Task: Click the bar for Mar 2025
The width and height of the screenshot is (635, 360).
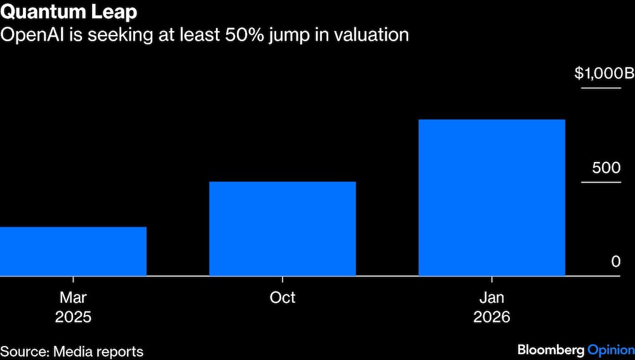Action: pos(73,251)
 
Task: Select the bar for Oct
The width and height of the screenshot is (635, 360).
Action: pos(283,229)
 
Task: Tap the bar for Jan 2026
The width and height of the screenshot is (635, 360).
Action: pos(491,197)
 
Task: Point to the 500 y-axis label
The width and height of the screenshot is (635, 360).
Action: pos(606,168)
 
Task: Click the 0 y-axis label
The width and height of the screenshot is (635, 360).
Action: pos(615,262)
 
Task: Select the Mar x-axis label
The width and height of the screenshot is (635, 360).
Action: pos(73,297)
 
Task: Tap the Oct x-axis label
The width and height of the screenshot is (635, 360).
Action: pos(283,297)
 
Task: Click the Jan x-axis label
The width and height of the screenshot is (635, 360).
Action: pos(491,297)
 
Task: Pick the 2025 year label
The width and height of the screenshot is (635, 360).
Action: pos(73,317)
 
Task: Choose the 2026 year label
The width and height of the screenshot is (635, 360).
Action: pos(491,317)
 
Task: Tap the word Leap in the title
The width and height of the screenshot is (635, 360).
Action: pos(117,12)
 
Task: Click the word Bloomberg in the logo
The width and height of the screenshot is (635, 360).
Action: pos(550,349)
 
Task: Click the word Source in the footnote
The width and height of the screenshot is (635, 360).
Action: pos(24,351)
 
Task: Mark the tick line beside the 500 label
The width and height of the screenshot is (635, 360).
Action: pos(601,183)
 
